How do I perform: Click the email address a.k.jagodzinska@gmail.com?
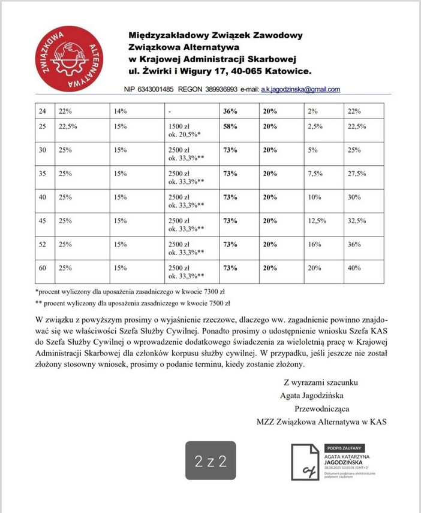[x=300, y=89]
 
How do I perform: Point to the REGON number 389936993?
[x=219, y=89]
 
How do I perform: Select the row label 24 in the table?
[x=42, y=111]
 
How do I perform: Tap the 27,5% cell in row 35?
[x=357, y=174]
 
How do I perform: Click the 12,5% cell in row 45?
[x=317, y=220]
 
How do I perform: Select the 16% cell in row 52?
[x=313, y=244]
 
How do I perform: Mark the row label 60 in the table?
[x=42, y=268]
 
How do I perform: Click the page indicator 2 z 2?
[x=210, y=461]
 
